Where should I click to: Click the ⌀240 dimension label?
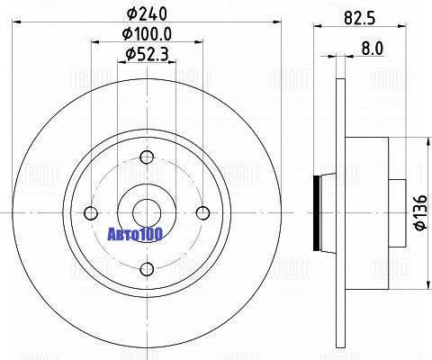(x=147, y=13)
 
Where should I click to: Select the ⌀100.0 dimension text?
(x=147, y=34)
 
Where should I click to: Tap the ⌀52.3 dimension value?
(x=147, y=55)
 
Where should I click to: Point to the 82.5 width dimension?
(x=360, y=18)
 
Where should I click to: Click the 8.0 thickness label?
(x=373, y=49)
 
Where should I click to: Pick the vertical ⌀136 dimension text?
(x=420, y=212)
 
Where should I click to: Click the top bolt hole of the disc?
(x=147, y=157)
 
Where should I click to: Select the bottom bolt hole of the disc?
(x=147, y=269)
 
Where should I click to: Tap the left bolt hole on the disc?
(x=91, y=213)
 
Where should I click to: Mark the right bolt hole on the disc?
(x=203, y=213)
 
